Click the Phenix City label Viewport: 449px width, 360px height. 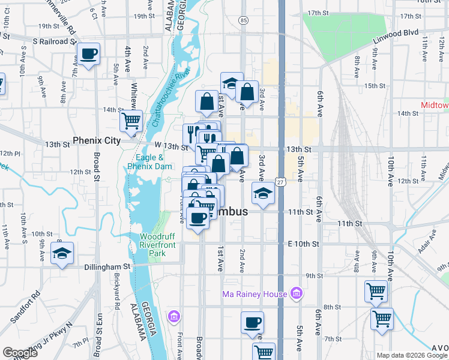(x=97, y=140)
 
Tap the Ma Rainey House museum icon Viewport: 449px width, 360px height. (x=296, y=293)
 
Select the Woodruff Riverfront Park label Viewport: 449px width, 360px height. (x=157, y=245)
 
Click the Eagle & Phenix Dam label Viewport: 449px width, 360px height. (x=150, y=162)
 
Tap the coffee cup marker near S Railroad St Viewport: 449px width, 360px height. (x=89, y=54)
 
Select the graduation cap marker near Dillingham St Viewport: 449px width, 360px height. (x=62, y=253)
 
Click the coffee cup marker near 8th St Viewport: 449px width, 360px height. (x=252, y=322)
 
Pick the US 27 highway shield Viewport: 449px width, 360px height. (x=280, y=181)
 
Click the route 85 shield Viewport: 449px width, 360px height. (x=243, y=20)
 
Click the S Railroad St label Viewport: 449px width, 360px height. (x=55, y=42)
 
